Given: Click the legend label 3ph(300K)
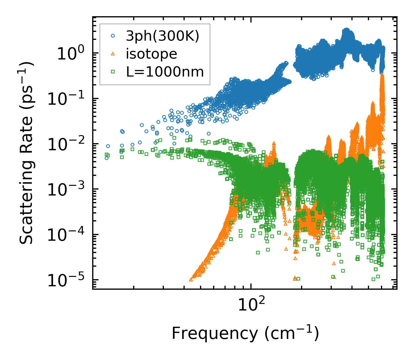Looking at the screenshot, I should tap(163, 36).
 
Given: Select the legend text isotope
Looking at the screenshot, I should tap(151, 54).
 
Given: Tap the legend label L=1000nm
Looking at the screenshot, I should tap(165, 72).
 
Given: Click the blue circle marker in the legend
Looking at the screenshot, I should tap(113, 36).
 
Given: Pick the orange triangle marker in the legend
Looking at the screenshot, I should tap(113, 54).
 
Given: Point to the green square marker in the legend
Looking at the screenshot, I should tap(113, 72).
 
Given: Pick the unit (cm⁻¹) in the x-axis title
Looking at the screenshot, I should tap(292, 334).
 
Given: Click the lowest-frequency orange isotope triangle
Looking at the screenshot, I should tap(191, 280).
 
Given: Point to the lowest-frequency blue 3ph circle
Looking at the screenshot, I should tap(107, 158).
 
